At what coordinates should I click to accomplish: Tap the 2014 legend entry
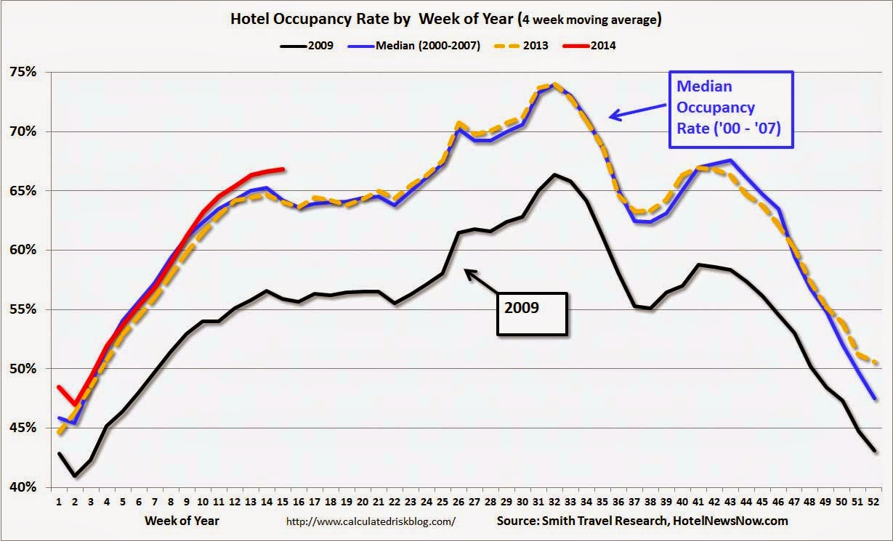tap(602, 46)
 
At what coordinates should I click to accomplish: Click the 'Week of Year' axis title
tap(182, 521)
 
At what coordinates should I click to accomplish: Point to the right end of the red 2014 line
tap(283, 169)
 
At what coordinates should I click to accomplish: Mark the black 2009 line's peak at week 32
tap(554, 174)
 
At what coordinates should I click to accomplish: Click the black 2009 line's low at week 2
tap(75, 476)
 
